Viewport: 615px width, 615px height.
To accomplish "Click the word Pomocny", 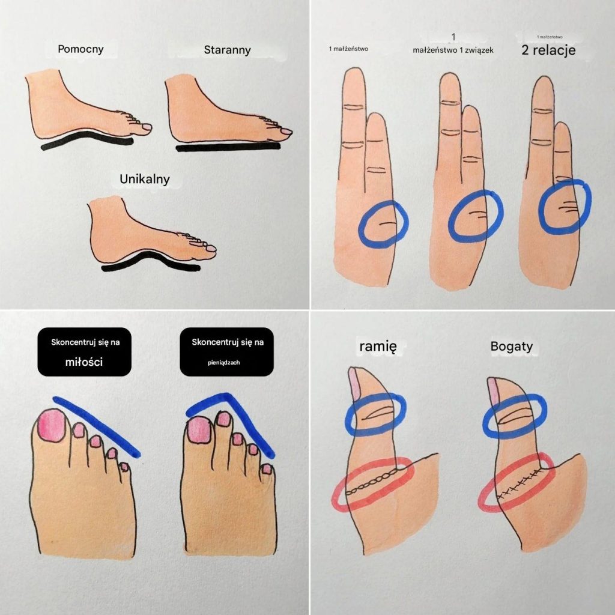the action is (x=80, y=49).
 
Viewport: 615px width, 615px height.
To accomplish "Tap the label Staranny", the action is (x=227, y=50).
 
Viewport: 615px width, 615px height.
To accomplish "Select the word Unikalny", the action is (x=144, y=179).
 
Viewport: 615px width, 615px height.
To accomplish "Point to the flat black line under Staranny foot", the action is (x=228, y=147).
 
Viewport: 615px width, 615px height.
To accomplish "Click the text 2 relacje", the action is (x=548, y=50).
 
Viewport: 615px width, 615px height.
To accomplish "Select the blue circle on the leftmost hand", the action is (x=407, y=223).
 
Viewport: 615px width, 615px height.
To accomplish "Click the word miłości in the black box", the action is (x=84, y=362).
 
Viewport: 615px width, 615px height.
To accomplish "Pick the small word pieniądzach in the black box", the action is (x=223, y=362).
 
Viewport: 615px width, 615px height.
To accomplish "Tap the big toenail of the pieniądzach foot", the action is (x=199, y=430).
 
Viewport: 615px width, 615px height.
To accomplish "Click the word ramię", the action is (x=378, y=347).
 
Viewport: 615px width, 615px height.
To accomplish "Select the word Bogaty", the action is (x=512, y=347).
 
